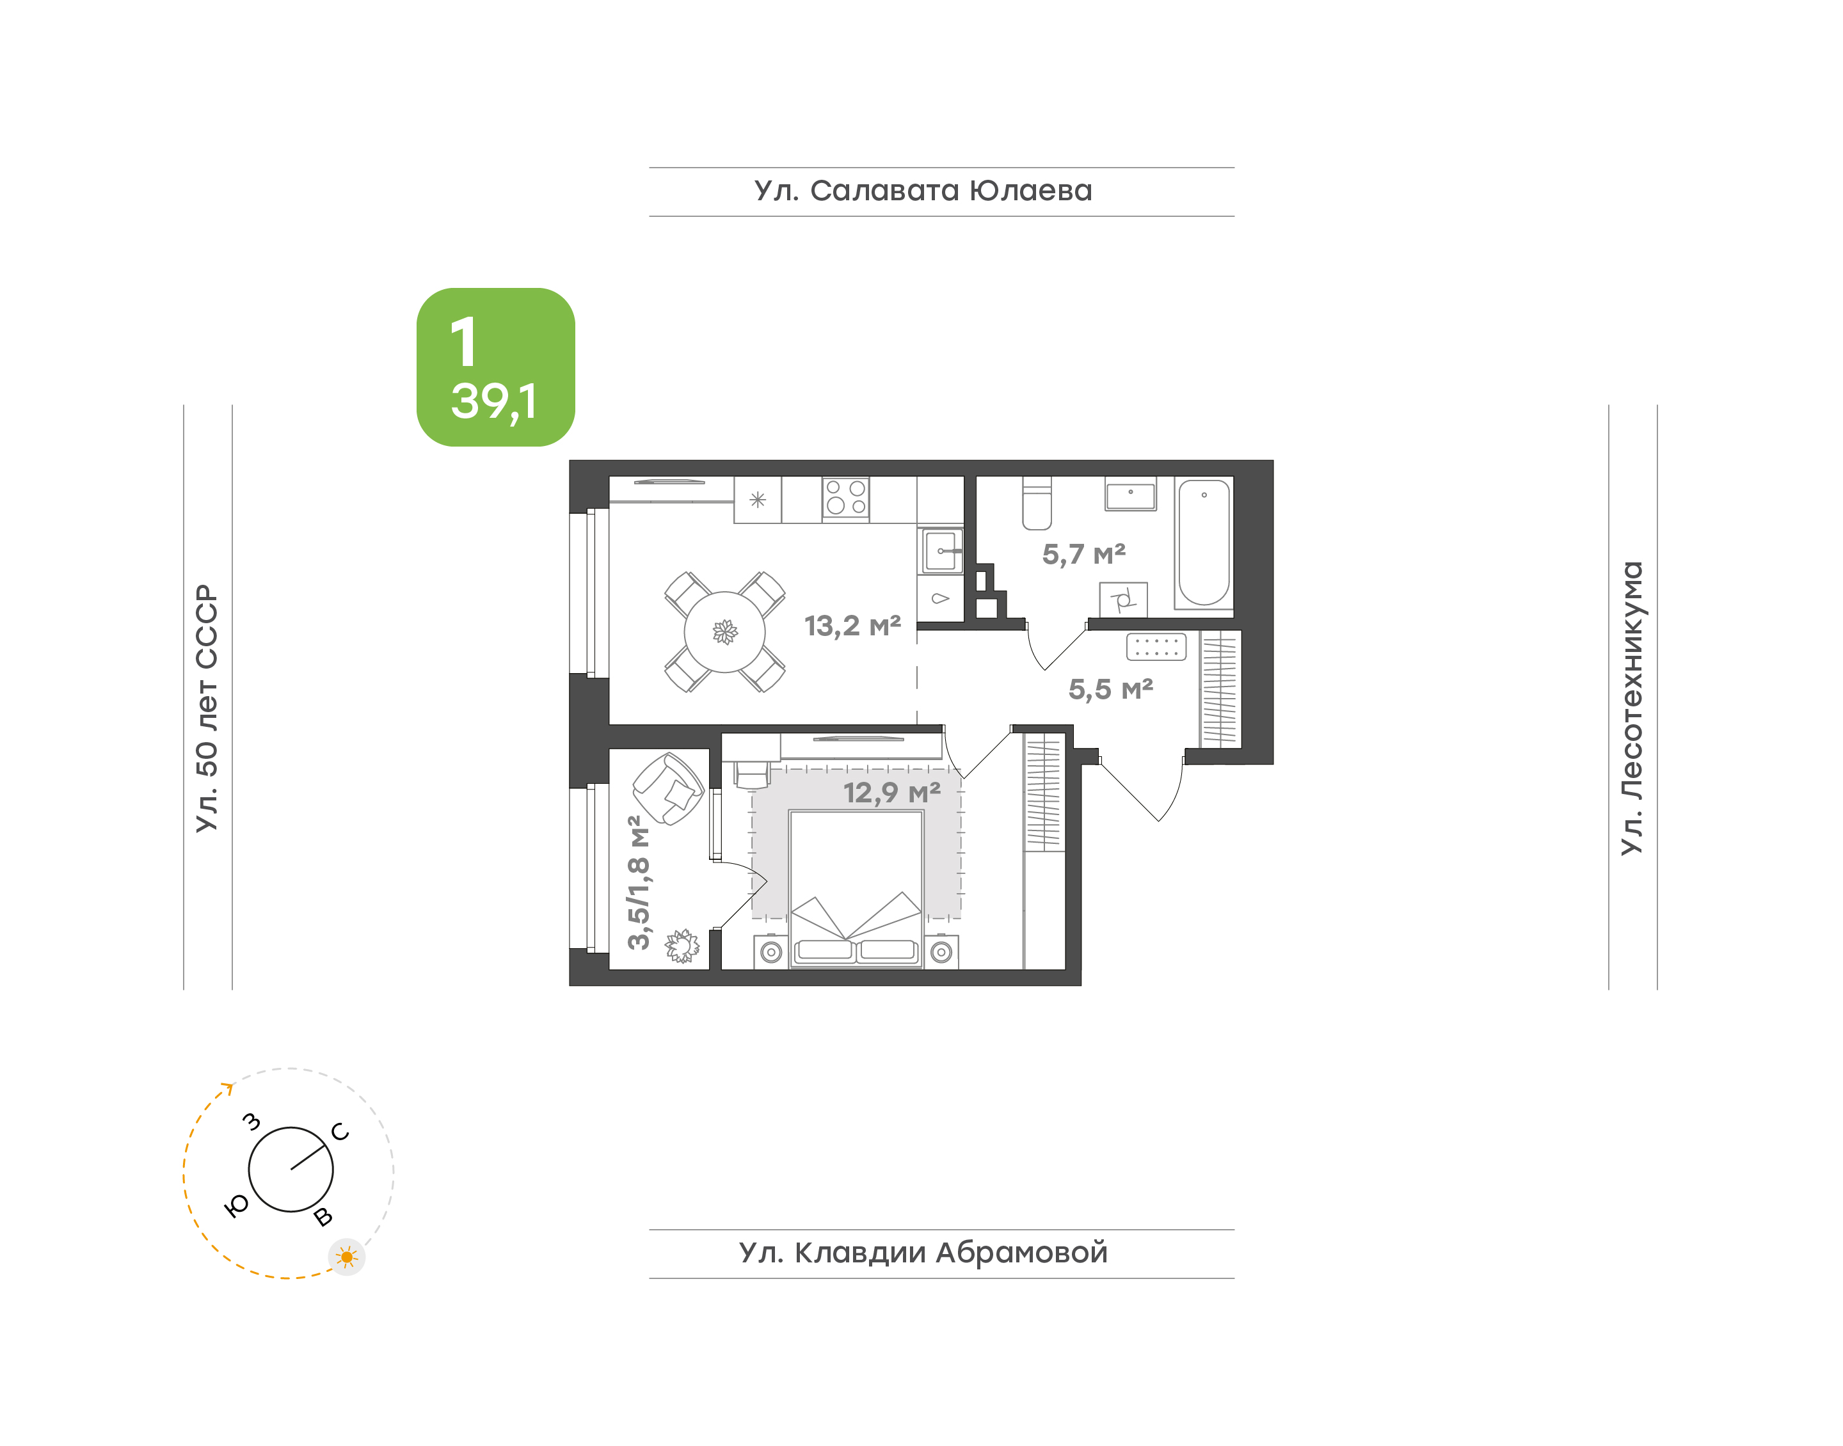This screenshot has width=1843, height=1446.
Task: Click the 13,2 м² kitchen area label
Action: pyautogui.click(x=852, y=626)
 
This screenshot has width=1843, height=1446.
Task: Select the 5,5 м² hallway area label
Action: pyautogui.click(x=1111, y=689)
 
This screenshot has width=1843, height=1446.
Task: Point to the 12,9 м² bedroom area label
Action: pyautogui.click(x=892, y=793)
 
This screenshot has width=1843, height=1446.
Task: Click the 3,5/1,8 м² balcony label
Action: pyautogui.click(x=639, y=882)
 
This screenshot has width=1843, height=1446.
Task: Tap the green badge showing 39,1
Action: pyautogui.click(x=495, y=367)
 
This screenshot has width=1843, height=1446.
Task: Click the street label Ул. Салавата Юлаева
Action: pyautogui.click(x=923, y=191)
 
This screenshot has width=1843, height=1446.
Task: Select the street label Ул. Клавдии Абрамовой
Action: pyautogui.click(x=923, y=1252)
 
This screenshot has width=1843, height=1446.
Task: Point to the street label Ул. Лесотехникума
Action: pyautogui.click(x=1631, y=708)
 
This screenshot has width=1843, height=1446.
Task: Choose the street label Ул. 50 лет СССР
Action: pyautogui.click(x=207, y=708)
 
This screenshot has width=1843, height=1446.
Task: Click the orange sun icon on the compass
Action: pyautogui.click(x=346, y=1257)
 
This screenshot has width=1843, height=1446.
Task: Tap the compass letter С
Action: pyautogui.click(x=340, y=1131)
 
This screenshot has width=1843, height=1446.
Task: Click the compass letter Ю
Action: pyautogui.click(x=236, y=1205)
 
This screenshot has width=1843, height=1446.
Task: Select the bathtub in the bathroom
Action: pyautogui.click(x=1204, y=543)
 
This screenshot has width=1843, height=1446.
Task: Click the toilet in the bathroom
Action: pyautogui.click(x=1037, y=504)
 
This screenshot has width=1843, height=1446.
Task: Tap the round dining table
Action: pyautogui.click(x=724, y=632)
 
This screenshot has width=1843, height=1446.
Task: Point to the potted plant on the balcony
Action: pyautogui.click(x=682, y=946)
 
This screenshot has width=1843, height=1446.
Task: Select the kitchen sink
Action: pyautogui.click(x=941, y=551)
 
